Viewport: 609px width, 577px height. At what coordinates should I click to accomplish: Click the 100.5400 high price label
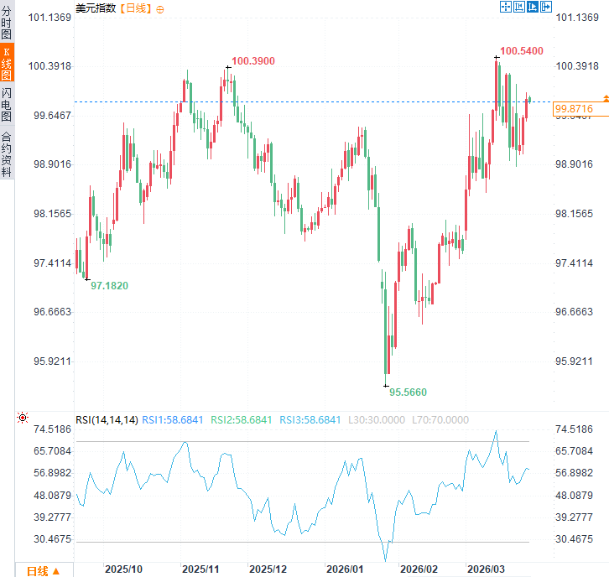(522, 51)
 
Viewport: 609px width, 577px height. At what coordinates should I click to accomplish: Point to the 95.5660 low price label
(408, 392)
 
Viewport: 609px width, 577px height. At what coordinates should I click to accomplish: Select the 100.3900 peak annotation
(252, 61)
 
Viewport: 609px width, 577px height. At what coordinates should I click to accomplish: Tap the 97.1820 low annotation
(109, 286)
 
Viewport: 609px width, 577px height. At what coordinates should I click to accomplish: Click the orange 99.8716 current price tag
(574, 109)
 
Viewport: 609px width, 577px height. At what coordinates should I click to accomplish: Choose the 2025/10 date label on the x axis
(123, 569)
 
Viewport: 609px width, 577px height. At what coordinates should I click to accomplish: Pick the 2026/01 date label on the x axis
(345, 569)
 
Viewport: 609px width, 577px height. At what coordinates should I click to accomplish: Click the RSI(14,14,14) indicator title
(107, 420)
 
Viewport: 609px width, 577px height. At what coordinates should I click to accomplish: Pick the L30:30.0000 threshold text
(376, 420)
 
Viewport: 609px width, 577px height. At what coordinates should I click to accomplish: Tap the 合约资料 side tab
(7, 154)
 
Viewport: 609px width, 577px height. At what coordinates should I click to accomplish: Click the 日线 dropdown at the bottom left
(43, 570)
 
